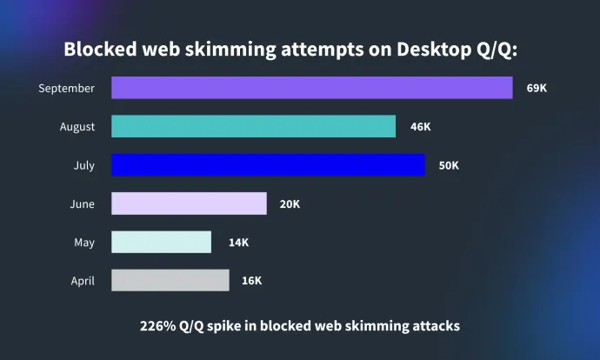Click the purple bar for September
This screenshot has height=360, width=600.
(x=311, y=88)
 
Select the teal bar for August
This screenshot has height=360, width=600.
(x=253, y=126)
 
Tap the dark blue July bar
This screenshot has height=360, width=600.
(x=268, y=165)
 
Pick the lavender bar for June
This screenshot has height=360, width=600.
(x=189, y=203)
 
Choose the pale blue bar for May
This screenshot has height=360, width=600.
(x=161, y=242)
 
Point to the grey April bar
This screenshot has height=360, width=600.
(x=170, y=280)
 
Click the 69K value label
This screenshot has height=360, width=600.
(x=537, y=88)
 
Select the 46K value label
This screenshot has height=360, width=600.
(x=420, y=127)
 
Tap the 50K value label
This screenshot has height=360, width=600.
(x=449, y=165)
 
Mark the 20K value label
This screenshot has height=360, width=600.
(x=290, y=203)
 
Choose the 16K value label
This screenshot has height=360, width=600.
(x=251, y=280)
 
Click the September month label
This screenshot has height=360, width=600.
(x=67, y=88)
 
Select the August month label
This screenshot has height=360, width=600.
(x=77, y=127)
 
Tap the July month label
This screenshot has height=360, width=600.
(x=84, y=165)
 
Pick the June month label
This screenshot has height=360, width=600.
(x=83, y=204)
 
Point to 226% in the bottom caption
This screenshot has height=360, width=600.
(x=158, y=326)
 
